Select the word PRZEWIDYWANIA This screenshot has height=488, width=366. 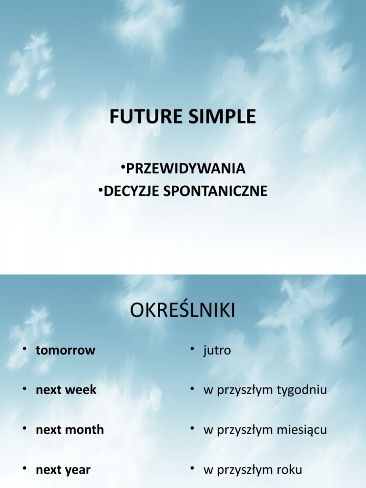coord(186,168)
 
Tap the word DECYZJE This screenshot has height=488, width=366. coord(132,191)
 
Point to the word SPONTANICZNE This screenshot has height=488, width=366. coord(215,191)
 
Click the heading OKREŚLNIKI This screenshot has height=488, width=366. coord(183,311)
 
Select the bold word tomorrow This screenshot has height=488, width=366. coord(65,350)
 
